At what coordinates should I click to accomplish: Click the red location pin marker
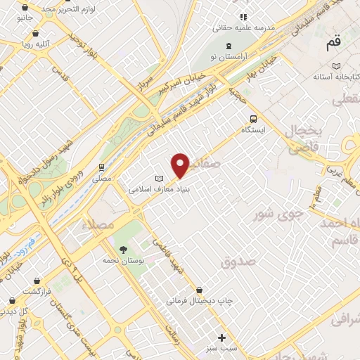[181, 165]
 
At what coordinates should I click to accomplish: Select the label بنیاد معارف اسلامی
[161, 188]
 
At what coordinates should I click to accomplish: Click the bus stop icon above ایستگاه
[253, 119]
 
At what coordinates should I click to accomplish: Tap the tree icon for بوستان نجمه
[124, 250]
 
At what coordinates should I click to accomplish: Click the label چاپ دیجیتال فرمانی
[193, 301]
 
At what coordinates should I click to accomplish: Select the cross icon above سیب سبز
[223, 337]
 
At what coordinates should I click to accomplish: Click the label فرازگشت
[37, 290]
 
